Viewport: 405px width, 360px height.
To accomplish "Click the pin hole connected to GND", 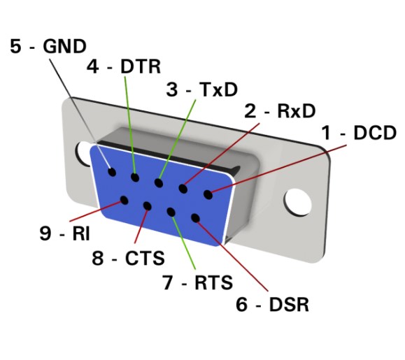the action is (x=112, y=172).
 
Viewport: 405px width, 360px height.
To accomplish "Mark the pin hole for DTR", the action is (x=135, y=178).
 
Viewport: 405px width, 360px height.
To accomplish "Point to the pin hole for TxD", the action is (x=159, y=183).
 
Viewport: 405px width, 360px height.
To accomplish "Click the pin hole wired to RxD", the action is (x=183, y=188).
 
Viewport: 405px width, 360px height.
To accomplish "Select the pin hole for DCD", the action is (x=208, y=194).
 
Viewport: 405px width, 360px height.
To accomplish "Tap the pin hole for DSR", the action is (x=196, y=218).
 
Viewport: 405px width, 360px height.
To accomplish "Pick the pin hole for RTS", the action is (x=171, y=212).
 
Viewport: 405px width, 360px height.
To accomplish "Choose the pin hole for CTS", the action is (x=147, y=206).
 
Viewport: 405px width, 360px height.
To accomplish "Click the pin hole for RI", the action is (x=125, y=200).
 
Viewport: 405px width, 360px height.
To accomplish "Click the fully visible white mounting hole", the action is (x=297, y=202).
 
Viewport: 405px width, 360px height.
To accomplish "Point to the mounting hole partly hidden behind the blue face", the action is (x=82, y=153).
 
